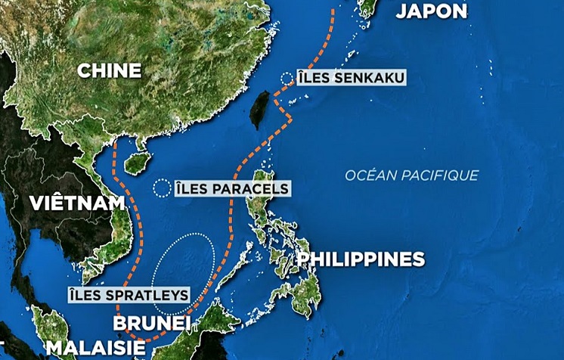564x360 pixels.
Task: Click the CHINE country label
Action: pyautogui.click(x=110, y=70)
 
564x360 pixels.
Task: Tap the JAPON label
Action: pyautogui.click(x=431, y=11)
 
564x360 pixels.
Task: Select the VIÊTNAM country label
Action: pyautogui.click(x=78, y=203)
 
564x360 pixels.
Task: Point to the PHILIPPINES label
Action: pyautogui.click(x=361, y=259)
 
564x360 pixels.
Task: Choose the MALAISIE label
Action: pyautogui.click(x=96, y=348)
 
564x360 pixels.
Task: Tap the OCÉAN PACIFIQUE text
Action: pyautogui.click(x=412, y=175)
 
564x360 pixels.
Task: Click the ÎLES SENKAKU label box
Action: pyautogui.click(x=341, y=78)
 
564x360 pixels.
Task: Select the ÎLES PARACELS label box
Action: pyautogui.click(x=232, y=188)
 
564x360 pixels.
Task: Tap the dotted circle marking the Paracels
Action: pyautogui.click(x=162, y=188)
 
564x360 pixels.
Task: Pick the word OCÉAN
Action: pyautogui.click(x=368, y=175)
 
